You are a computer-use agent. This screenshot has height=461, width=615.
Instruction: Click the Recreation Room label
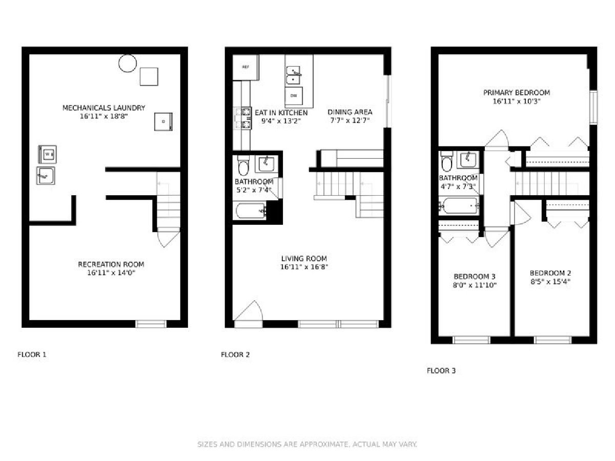tap(111, 264)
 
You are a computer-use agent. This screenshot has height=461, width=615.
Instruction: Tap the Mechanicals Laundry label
tap(104, 108)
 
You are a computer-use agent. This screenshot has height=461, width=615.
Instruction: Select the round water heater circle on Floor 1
tap(128, 63)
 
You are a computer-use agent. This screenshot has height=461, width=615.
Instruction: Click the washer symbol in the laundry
tap(47, 154)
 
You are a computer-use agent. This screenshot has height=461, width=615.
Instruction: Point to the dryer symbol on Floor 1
tap(163, 121)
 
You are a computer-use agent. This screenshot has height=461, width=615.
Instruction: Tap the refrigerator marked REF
tap(245, 67)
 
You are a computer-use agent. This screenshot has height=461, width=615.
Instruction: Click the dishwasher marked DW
tap(294, 96)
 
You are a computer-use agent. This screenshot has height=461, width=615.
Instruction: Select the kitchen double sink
tap(293, 75)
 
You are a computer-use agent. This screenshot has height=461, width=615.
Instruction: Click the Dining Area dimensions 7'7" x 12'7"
tap(350, 120)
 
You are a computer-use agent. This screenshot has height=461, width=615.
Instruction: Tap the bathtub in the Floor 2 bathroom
tap(251, 211)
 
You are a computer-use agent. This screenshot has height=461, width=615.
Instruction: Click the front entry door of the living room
tap(248, 314)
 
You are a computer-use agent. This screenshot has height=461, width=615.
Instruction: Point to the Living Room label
tap(304, 258)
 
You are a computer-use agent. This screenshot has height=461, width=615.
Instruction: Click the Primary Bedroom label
tap(517, 93)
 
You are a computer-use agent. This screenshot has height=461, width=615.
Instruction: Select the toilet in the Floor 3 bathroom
tap(446, 162)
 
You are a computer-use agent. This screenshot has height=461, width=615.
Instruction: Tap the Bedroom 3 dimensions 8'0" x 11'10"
tap(475, 285)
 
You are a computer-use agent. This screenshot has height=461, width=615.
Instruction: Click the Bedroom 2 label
tap(550, 273)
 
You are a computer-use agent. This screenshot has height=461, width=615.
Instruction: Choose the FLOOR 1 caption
tap(32, 354)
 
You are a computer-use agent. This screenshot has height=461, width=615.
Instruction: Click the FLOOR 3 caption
tap(441, 371)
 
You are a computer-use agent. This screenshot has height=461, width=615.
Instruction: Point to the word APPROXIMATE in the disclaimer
tap(324, 444)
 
